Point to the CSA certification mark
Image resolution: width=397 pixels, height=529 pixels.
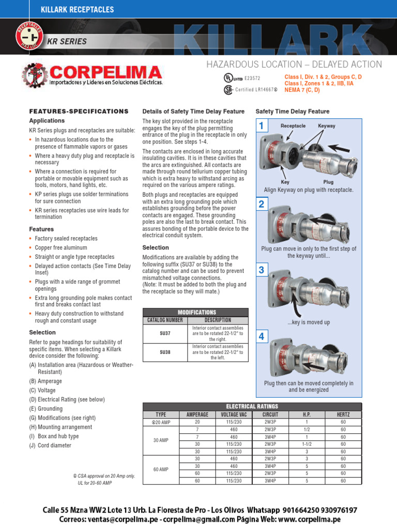(x=227, y=89)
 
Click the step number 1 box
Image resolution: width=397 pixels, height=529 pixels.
(x=262, y=126)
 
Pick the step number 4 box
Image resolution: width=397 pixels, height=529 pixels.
(x=262, y=337)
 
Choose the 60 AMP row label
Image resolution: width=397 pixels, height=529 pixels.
(x=160, y=470)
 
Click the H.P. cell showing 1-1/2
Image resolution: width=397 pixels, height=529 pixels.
(x=307, y=444)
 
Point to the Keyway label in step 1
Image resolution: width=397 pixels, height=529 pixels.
(x=327, y=126)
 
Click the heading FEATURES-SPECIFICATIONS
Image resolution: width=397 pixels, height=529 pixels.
(x=79, y=111)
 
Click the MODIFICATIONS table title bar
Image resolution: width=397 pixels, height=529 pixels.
(x=196, y=313)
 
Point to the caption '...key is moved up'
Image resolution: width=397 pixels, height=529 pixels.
(x=309, y=322)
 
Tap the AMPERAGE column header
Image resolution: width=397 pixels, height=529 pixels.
(x=197, y=414)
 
